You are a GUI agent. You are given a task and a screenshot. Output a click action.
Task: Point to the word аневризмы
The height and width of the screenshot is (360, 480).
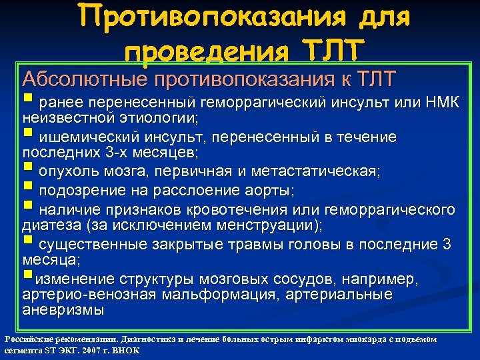coord(63,310)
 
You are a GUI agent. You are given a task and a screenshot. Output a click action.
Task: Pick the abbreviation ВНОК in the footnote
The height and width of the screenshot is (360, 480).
coord(125,350)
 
